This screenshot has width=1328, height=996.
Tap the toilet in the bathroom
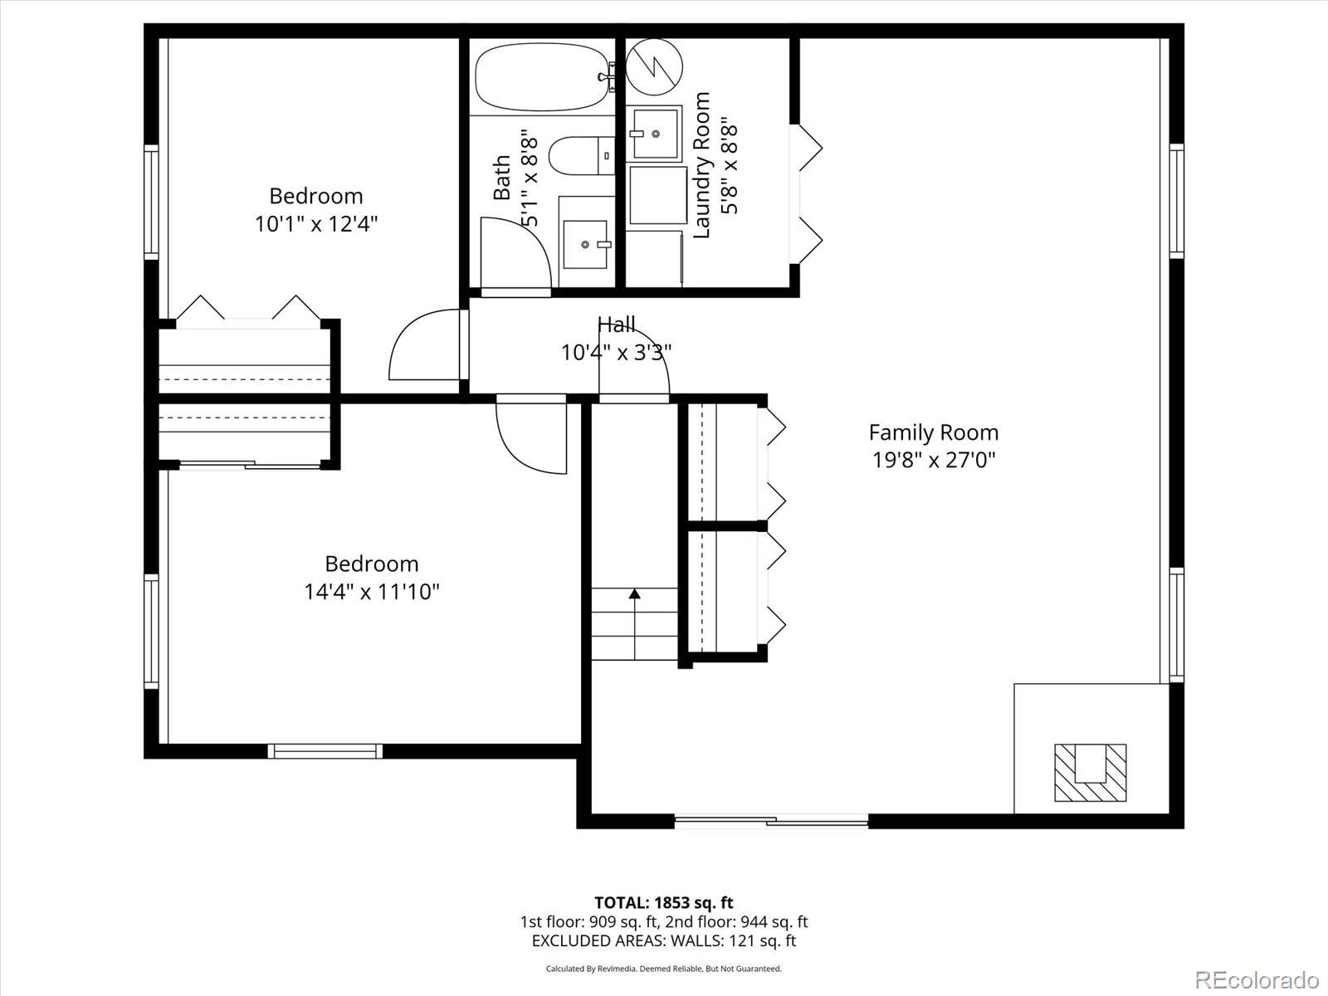[x=581, y=155]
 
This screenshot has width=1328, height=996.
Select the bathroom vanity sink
[x=585, y=244]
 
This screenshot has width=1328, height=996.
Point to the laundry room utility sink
[x=654, y=133]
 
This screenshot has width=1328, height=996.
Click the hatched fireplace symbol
[x=1090, y=772]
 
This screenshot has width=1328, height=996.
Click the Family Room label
[x=933, y=432]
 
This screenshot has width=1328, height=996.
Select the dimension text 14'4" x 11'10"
[x=371, y=592]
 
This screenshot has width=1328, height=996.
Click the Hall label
[x=616, y=325]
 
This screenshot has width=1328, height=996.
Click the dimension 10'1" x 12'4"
[x=316, y=224]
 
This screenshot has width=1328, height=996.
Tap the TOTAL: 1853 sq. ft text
[x=663, y=902]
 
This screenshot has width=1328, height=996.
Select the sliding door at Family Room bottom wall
[x=771, y=822]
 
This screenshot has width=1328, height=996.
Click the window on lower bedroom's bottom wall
[x=325, y=751]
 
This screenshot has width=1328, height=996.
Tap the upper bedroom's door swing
[x=423, y=347]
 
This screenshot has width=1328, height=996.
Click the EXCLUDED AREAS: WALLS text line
[x=663, y=940]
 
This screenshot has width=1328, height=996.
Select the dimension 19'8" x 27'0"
[x=933, y=460]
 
